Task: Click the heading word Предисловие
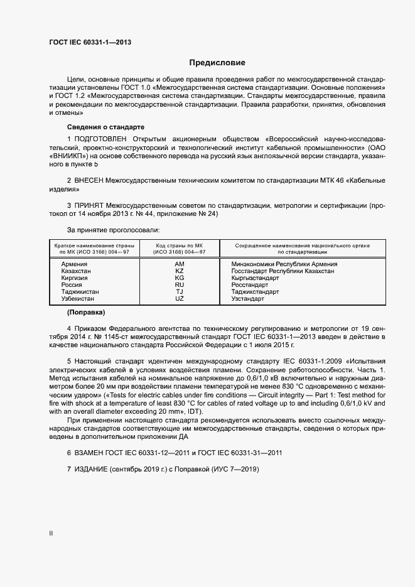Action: pyautogui.click(x=217, y=63)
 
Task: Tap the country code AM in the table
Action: pyautogui.click(x=180, y=264)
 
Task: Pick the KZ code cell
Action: pyautogui.click(x=180, y=271)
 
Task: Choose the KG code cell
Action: pyautogui.click(x=180, y=278)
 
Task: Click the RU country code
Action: pyautogui.click(x=180, y=285)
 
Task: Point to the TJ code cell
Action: pyautogui.click(x=180, y=292)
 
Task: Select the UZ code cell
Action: pyautogui.click(x=180, y=299)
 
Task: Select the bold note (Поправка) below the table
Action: pyautogui.click(x=85, y=312)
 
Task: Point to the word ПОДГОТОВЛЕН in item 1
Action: pyautogui.click(x=101, y=137)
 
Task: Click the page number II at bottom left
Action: pyautogui.click(x=51, y=534)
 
